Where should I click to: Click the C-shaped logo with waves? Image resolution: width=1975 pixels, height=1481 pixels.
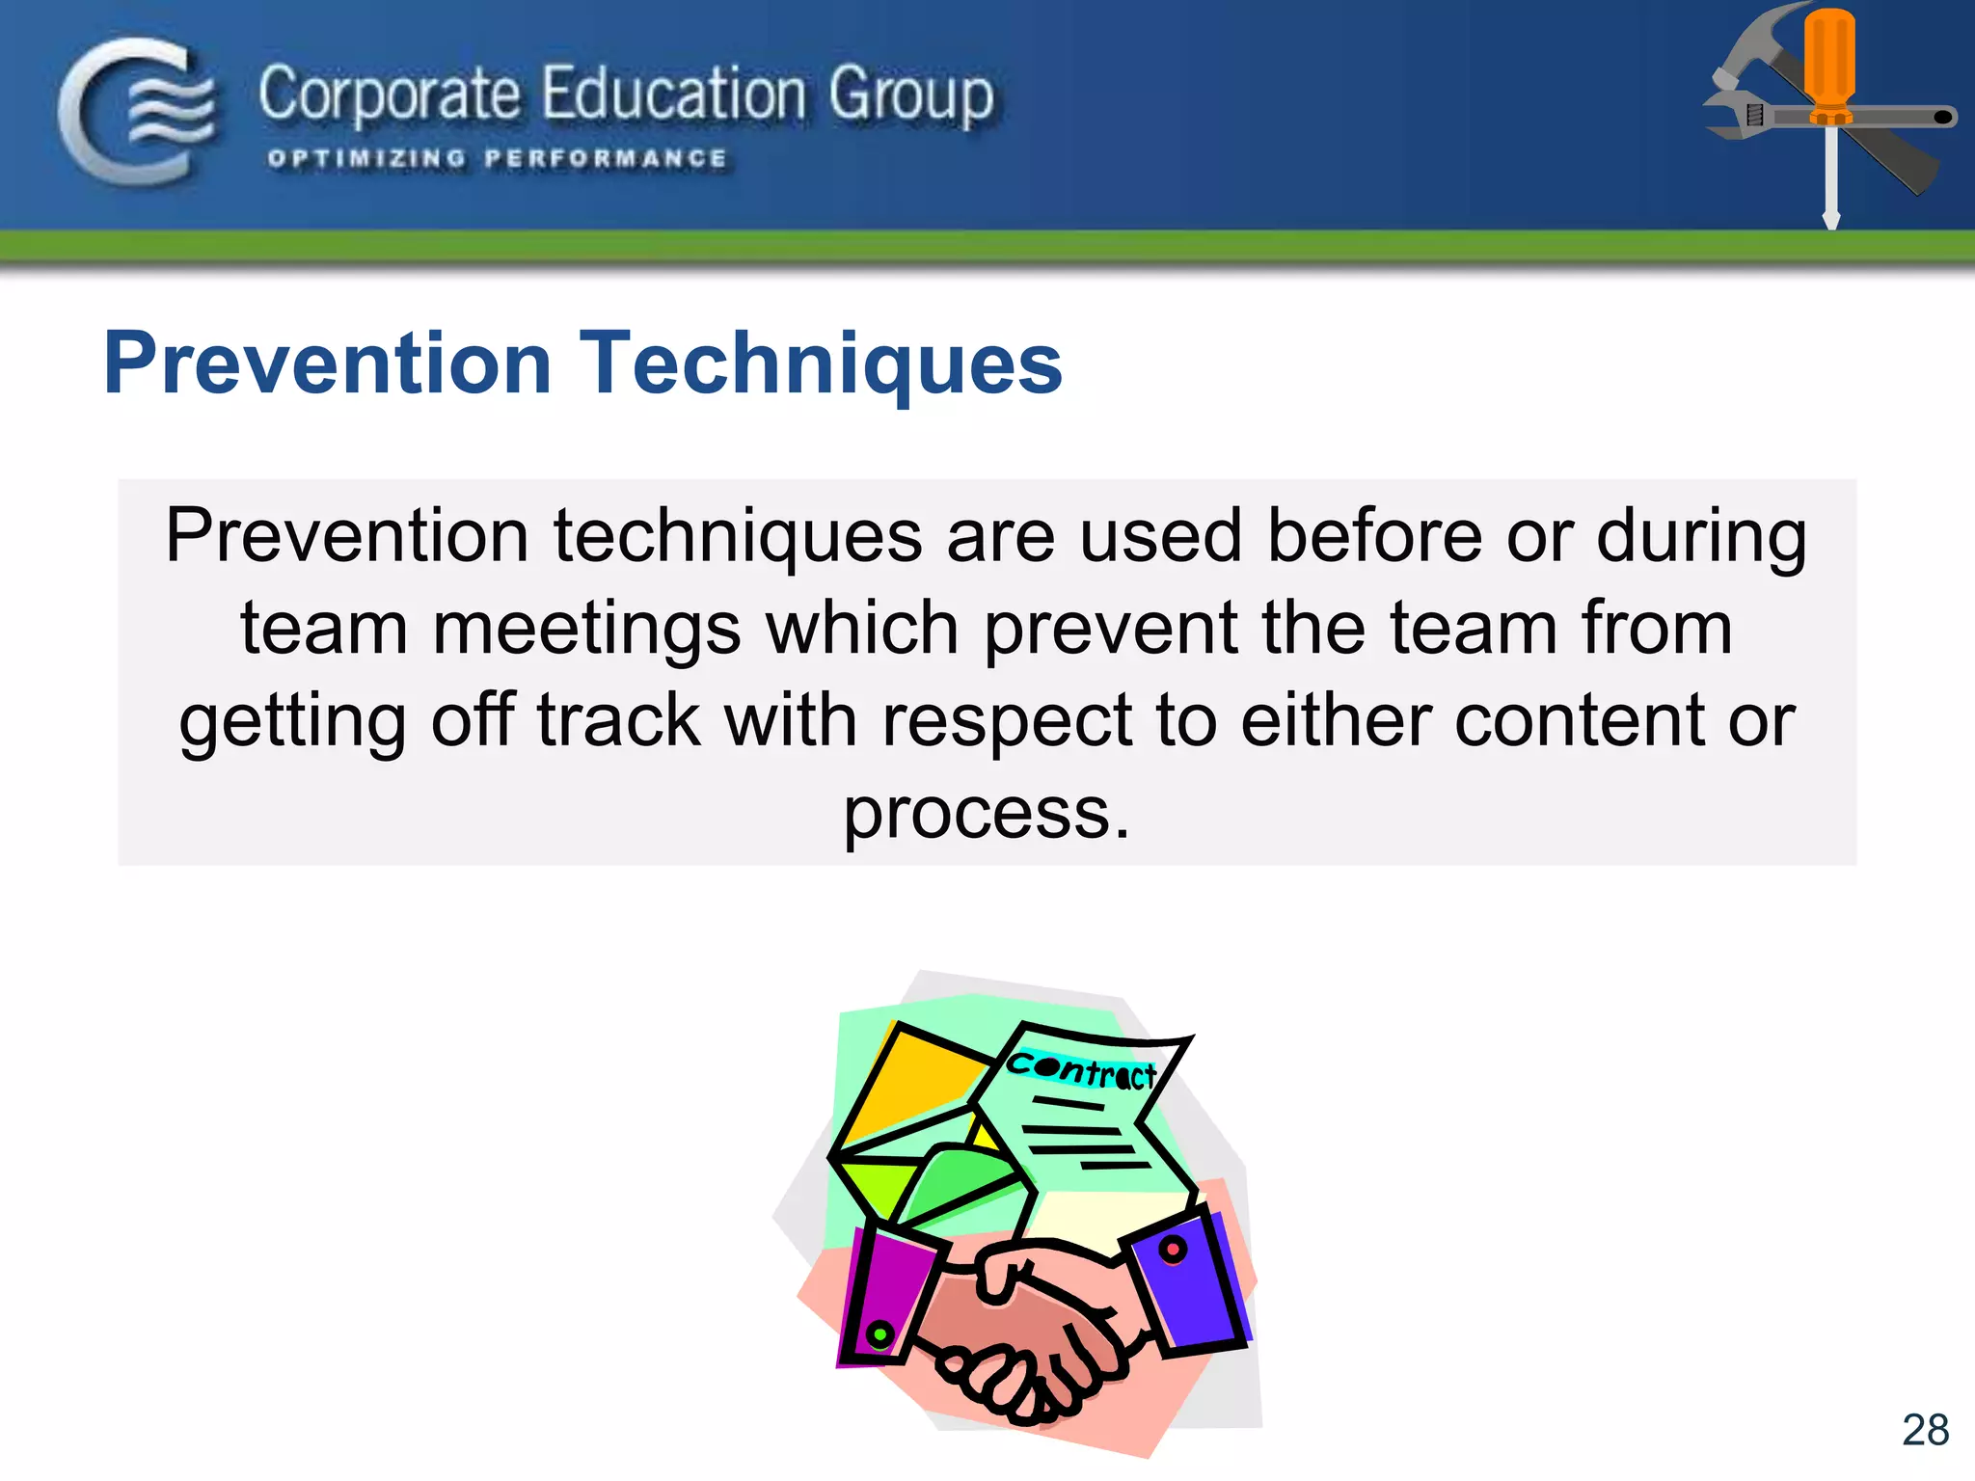(x=135, y=111)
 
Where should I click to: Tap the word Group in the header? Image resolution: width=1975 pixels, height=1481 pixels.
(x=910, y=96)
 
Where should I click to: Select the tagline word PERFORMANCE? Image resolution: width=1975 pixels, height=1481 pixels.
(x=606, y=158)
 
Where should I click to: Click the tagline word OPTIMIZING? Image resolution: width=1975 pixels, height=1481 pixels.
(x=366, y=158)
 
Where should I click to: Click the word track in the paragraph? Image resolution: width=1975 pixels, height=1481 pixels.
(x=618, y=721)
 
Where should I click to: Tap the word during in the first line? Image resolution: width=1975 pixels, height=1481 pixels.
(x=1701, y=536)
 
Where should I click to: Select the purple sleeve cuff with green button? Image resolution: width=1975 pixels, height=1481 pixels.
(x=885, y=1297)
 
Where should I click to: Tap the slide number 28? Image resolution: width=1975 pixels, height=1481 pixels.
(x=1924, y=1430)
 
